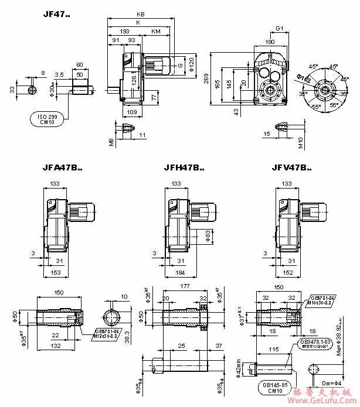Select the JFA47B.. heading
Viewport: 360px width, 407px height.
62,167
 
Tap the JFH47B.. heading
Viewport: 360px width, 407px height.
184,168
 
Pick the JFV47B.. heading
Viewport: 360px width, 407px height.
291,167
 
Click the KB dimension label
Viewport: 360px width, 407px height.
140,14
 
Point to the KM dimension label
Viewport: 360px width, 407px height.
155,30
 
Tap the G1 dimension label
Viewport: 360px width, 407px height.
280,28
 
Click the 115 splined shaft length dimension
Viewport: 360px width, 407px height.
273,349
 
